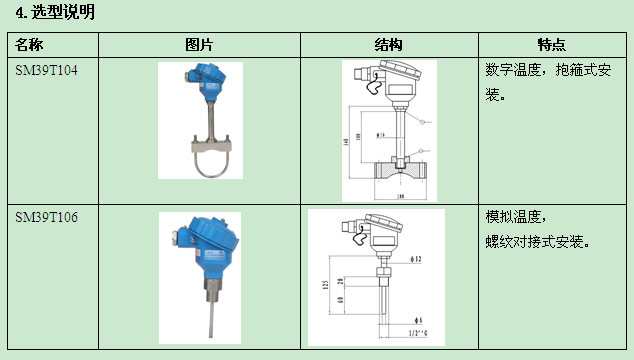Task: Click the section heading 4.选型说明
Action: (x=56, y=12)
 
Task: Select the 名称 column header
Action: (x=30, y=45)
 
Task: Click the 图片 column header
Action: (x=199, y=45)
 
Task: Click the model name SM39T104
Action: (x=46, y=70)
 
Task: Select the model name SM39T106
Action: (x=46, y=217)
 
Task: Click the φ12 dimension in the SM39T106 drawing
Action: (x=418, y=260)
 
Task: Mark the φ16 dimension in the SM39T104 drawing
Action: (x=380, y=133)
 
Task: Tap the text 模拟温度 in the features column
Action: (x=513, y=217)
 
